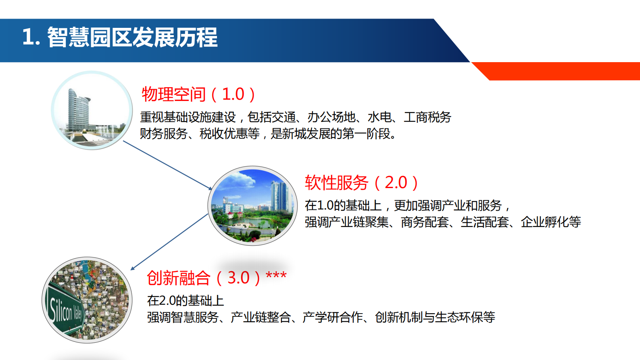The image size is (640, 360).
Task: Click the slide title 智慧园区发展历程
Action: (x=132, y=37)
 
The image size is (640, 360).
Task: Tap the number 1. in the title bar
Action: (x=31, y=37)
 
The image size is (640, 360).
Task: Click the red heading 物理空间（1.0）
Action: (x=198, y=94)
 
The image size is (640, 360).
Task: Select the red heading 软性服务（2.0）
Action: (x=361, y=182)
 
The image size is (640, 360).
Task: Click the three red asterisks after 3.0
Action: (x=276, y=276)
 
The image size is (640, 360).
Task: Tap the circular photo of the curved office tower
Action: (x=92, y=110)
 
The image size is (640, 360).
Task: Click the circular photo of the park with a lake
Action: (x=252, y=206)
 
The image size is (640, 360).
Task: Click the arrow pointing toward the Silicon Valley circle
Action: (x=169, y=242)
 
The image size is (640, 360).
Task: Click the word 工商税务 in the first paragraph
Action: (x=427, y=117)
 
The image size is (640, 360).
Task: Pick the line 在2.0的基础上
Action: (x=185, y=300)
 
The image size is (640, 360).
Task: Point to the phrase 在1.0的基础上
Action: (x=343, y=205)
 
